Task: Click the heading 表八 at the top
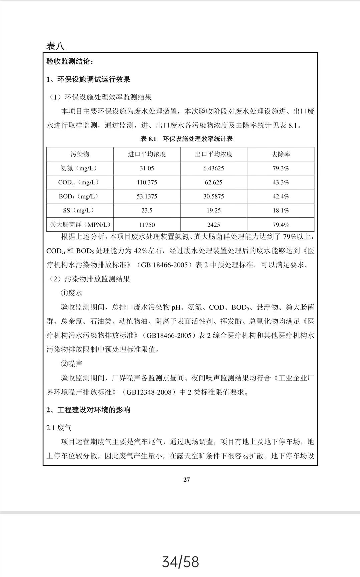point(55,46)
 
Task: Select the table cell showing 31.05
point(147,168)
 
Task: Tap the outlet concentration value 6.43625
point(213,168)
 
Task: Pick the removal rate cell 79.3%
point(280,168)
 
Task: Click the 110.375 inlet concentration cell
point(147,182)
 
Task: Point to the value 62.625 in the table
point(213,182)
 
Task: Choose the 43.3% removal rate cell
point(280,182)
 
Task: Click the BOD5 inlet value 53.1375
point(147,196)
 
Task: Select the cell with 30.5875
point(213,196)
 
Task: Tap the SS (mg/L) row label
point(79,210)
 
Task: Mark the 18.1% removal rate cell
point(280,210)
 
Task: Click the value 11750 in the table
point(147,225)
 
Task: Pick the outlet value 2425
point(213,225)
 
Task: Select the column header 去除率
point(280,154)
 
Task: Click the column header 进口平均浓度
point(147,154)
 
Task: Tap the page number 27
point(186,480)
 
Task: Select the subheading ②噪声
point(71,364)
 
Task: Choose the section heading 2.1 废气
point(59,428)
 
